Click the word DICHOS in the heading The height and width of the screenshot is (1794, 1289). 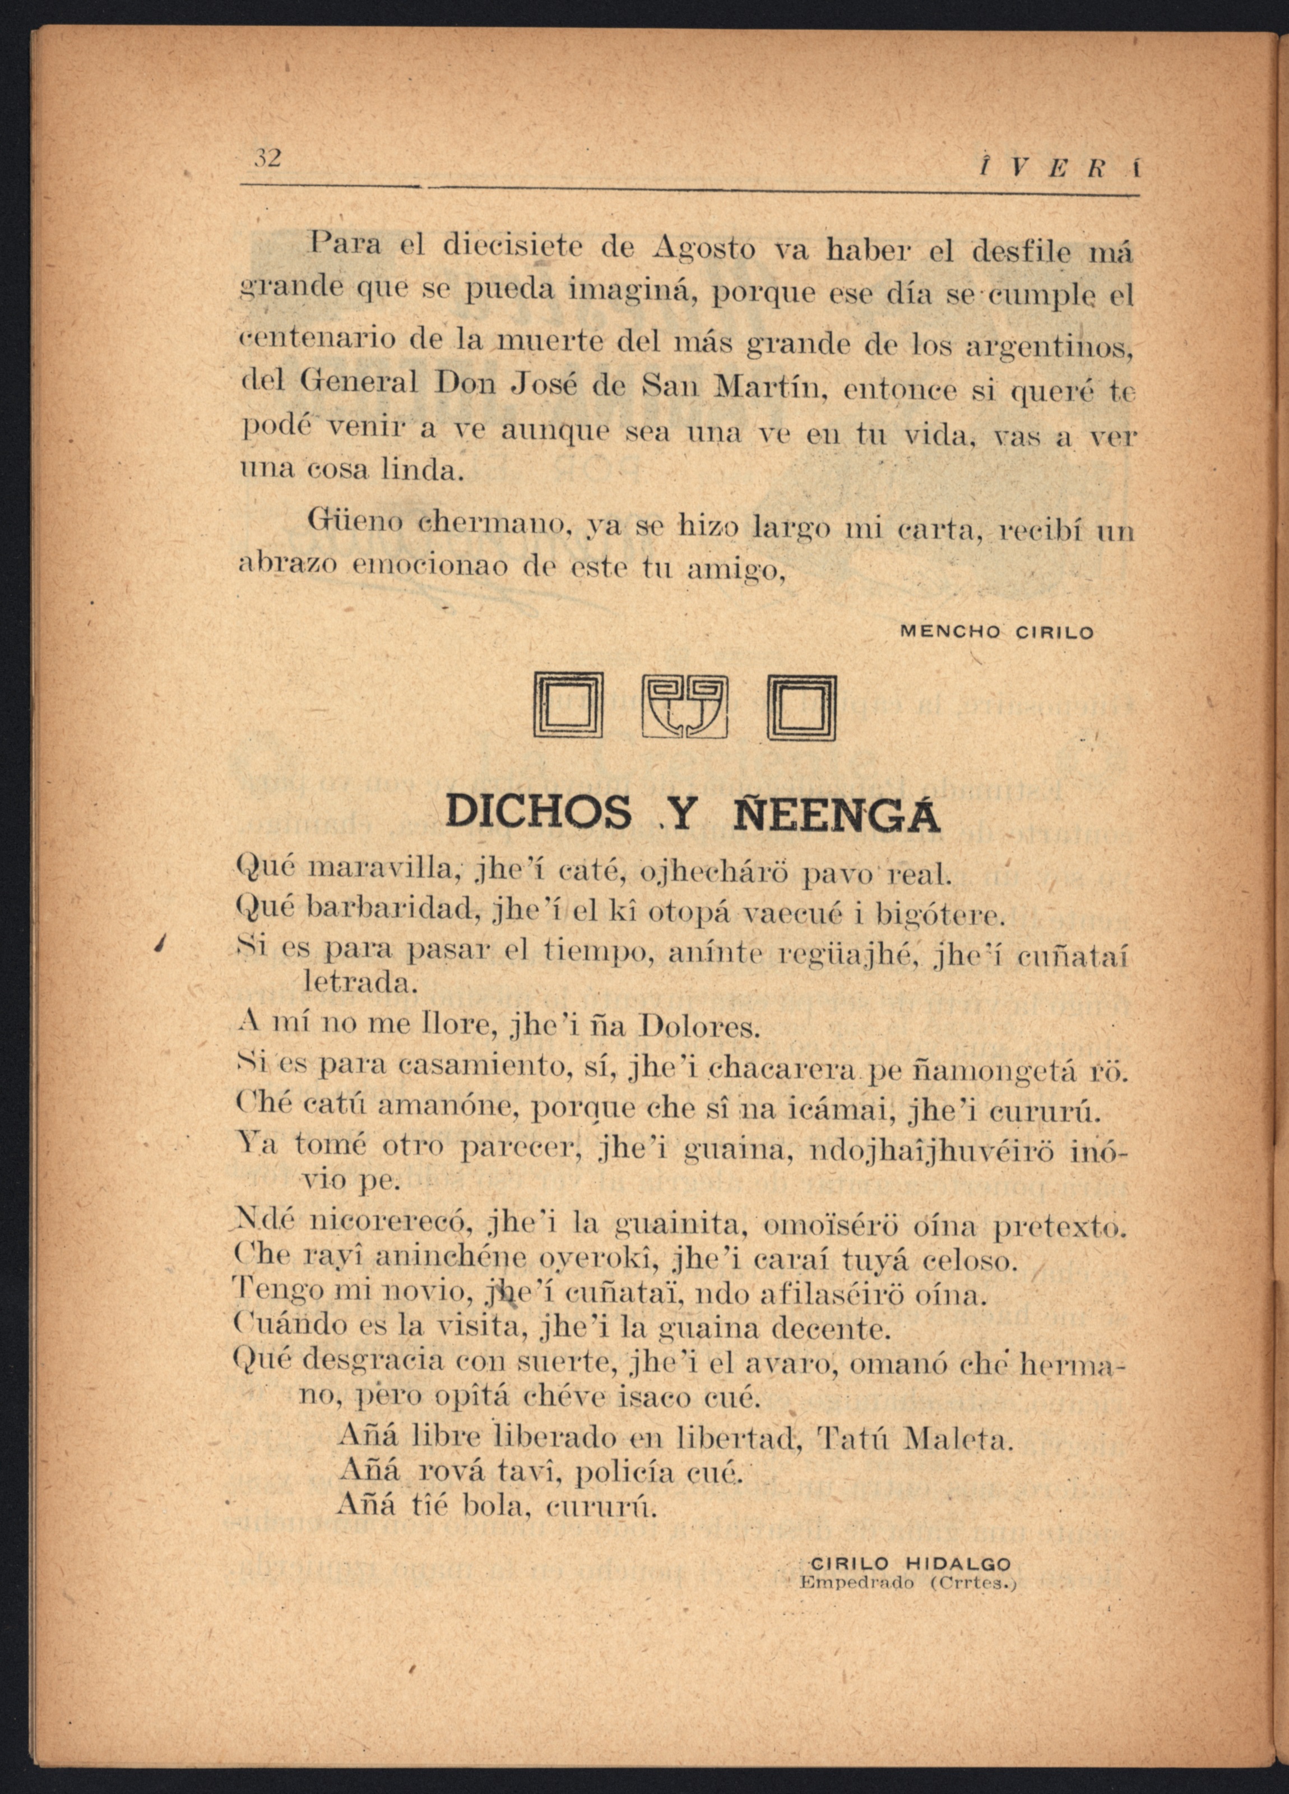pos(539,812)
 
